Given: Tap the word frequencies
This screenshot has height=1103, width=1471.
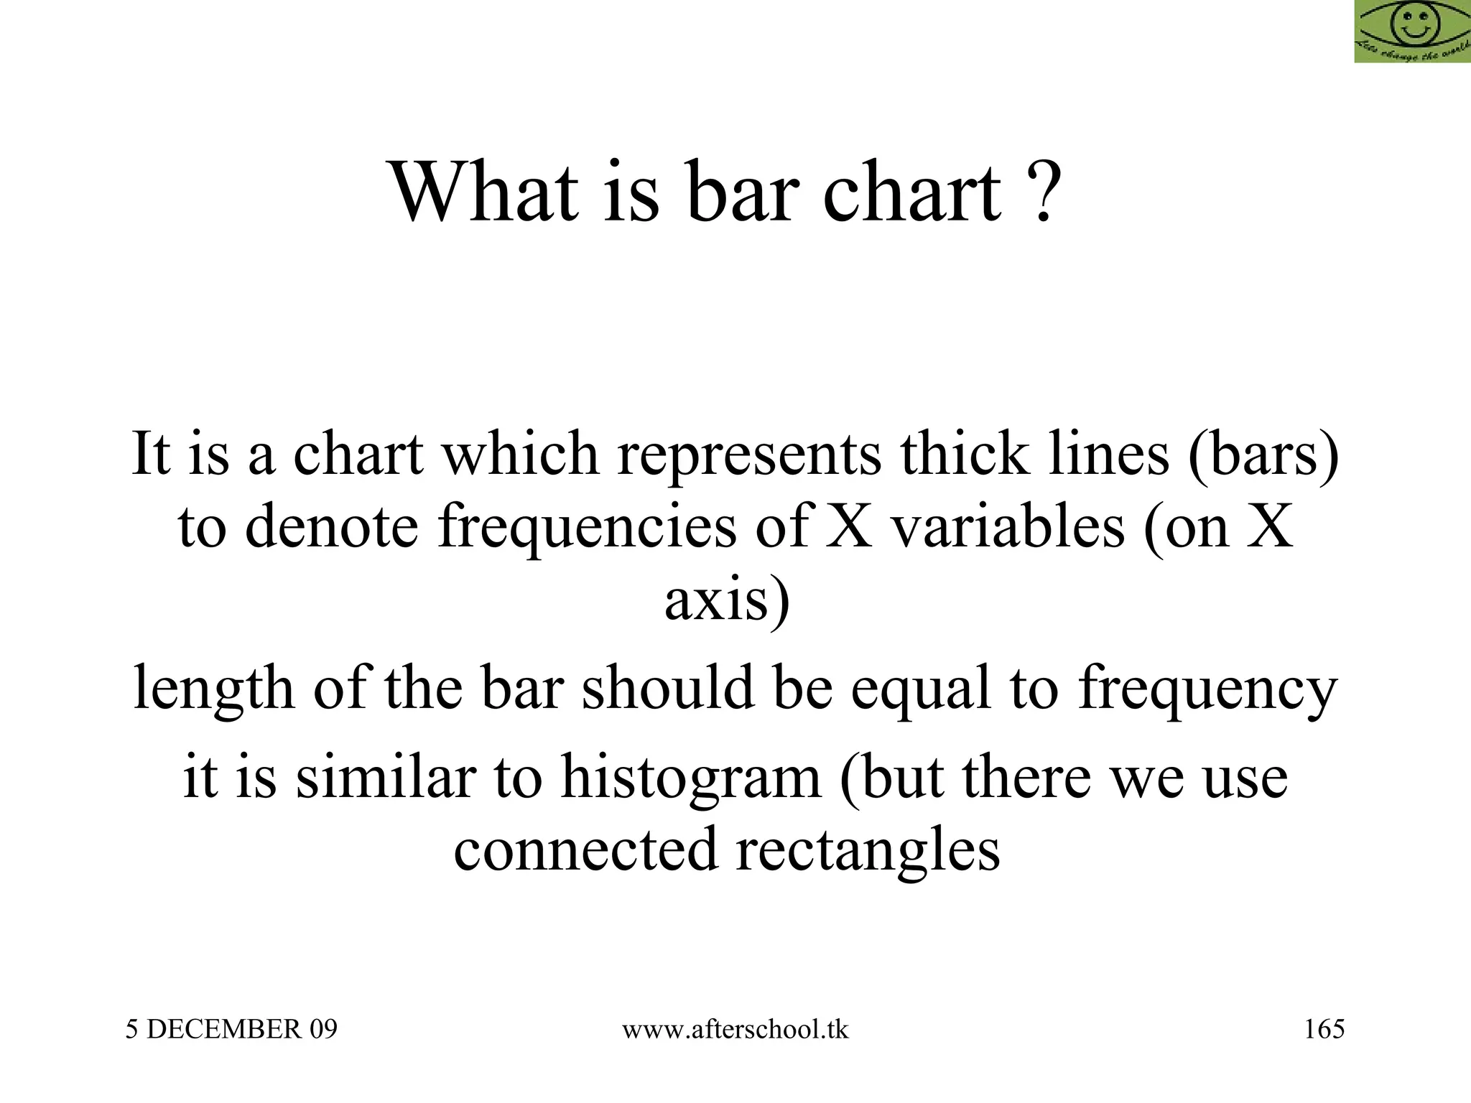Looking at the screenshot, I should point(588,528).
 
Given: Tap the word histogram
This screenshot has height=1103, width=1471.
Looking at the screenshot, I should point(690,779).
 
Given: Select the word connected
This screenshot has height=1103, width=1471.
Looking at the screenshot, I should point(585,850).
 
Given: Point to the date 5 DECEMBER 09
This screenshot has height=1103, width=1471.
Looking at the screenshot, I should point(231,1030).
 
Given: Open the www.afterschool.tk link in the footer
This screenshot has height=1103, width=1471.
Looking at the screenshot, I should point(735,1030).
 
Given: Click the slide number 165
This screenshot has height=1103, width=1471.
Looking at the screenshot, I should point(1324,1030).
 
